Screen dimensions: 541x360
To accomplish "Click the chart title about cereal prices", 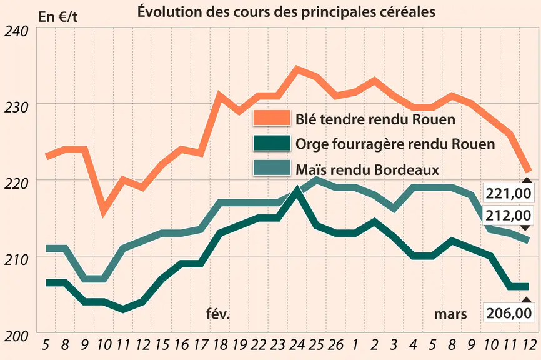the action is (x=286, y=11).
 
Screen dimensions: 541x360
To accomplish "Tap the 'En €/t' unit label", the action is (x=58, y=17).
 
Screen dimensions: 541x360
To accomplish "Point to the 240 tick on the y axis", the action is (x=16, y=32).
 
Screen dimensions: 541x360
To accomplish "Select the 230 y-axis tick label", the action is (x=16, y=107).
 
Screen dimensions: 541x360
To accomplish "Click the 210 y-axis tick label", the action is (x=16, y=260).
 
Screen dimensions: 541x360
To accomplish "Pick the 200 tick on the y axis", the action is (x=16, y=336).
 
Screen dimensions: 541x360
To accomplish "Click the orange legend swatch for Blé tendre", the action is (x=272, y=117).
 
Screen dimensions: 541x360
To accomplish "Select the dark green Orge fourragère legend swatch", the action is (x=272, y=143).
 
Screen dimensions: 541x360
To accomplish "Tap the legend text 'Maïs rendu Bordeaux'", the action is (x=367, y=169).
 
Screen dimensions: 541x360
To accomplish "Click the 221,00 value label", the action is (x=509, y=193).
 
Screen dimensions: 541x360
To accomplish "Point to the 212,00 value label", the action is (x=509, y=216).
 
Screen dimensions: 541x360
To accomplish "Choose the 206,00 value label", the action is (x=509, y=313).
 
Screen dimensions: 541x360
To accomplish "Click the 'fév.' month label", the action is (x=218, y=314).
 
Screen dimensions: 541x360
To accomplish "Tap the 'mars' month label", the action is (x=450, y=314).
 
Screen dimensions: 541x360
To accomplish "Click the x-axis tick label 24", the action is (x=297, y=344).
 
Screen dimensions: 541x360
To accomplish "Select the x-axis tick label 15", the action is (x=162, y=344).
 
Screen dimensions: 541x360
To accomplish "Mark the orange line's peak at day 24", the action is (x=297, y=69).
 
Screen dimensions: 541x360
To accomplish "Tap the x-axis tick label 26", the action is (x=335, y=344).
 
